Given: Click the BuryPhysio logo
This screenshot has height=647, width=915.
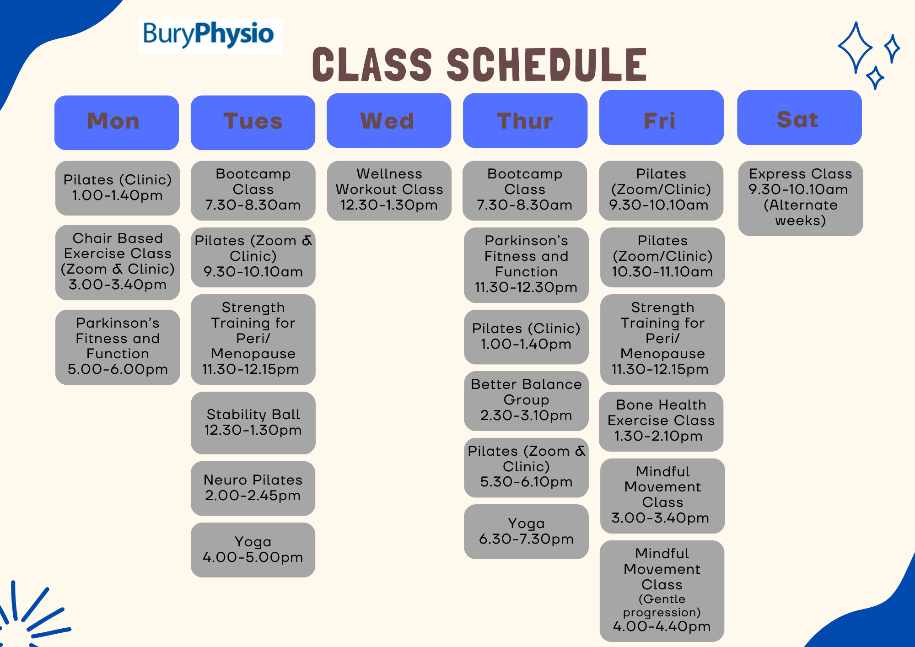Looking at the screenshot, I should [x=210, y=36].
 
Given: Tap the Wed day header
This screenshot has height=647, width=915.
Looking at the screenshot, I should [x=388, y=121].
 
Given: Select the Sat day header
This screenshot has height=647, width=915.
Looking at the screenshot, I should [x=799, y=118].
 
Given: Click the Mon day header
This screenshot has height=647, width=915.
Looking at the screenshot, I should [x=116, y=123].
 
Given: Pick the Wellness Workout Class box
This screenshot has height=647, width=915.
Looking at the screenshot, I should [x=389, y=190].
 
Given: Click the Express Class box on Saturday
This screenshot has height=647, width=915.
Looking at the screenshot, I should [x=800, y=198].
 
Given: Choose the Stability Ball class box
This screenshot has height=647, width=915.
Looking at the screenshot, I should [x=253, y=423].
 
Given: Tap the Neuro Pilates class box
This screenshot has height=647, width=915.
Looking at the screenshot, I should [x=253, y=488].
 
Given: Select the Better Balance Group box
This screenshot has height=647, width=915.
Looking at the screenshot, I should [x=526, y=400].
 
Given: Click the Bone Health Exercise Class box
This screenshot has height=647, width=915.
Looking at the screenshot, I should [x=661, y=421].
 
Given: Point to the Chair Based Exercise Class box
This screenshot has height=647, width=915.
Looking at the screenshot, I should [x=118, y=262].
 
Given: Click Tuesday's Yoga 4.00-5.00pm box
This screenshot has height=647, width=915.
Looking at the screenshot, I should [x=253, y=550].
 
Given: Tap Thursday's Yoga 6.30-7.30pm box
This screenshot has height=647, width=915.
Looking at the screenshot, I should [x=526, y=531].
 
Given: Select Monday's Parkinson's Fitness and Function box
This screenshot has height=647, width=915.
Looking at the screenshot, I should [x=118, y=347].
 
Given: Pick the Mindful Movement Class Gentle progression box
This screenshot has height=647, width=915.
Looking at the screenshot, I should [x=662, y=590].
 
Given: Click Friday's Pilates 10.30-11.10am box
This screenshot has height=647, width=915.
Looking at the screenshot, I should [x=662, y=257].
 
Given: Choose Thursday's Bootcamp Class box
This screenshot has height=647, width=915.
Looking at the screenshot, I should [x=525, y=190].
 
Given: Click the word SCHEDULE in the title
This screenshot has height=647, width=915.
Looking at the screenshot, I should [x=546, y=65].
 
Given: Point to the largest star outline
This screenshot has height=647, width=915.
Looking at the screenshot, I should [x=855, y=48].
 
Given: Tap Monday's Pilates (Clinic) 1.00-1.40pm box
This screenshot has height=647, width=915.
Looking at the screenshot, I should [x=118, y=188].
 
